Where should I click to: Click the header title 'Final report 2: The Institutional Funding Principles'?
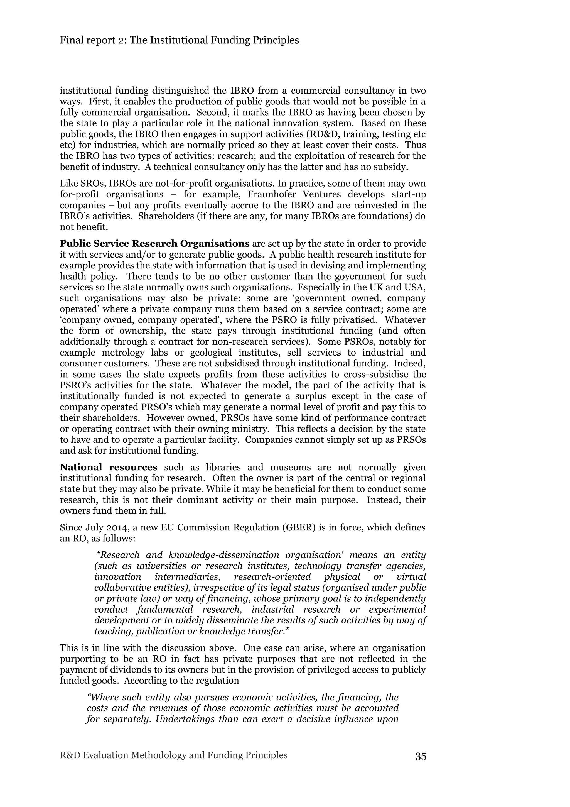(x=180, y=40)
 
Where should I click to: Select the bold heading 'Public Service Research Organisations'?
(x=154, y=244)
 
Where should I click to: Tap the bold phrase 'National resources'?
(x=109, y=467)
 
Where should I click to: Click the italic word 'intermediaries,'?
(x=188, y=577)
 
